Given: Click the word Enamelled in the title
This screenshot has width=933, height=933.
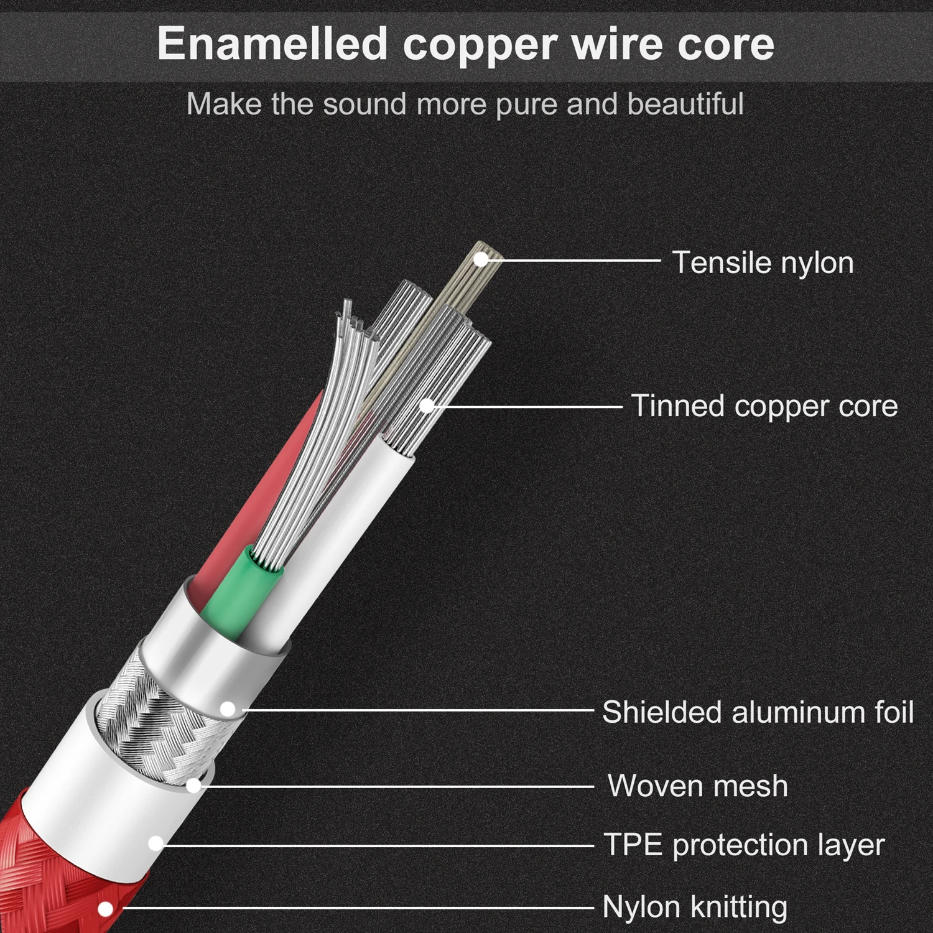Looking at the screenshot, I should point(272,44).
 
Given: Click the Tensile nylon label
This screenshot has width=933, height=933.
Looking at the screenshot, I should point(763,262).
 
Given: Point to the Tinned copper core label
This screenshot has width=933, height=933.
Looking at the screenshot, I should point(764,406).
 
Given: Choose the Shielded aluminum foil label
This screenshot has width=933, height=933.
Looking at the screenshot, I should point(758,712).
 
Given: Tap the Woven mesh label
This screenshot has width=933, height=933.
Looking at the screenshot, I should point(697,786).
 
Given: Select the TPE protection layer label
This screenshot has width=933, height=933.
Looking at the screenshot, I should point(744,845).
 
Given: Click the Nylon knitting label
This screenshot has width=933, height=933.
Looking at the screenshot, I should point(695,907).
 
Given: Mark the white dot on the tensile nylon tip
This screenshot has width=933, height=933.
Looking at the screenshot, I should point(481,259).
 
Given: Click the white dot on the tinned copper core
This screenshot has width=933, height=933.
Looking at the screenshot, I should point(427,406).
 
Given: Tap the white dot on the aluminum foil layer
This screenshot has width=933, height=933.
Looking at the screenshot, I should point(228,709).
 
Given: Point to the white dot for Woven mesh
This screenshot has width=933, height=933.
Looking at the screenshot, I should point(193,786).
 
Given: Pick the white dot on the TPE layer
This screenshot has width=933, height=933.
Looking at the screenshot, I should point(155,844).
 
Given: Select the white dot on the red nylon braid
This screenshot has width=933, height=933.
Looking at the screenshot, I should point(106,909).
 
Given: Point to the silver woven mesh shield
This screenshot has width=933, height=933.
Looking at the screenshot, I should point(143,709).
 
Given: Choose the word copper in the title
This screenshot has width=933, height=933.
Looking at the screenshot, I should point(480,44).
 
